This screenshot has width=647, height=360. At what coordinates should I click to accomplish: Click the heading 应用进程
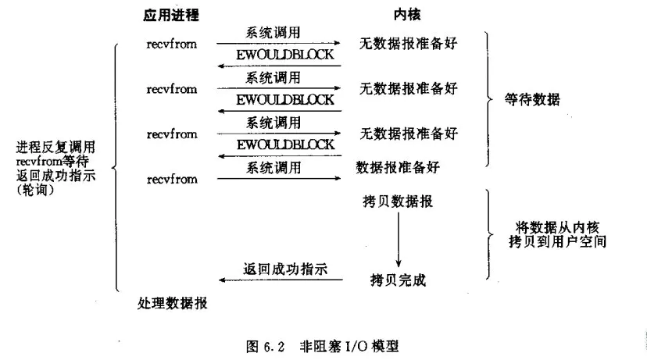[x=171, y=15]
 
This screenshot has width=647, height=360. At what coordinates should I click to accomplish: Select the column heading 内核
[x=407, y=15]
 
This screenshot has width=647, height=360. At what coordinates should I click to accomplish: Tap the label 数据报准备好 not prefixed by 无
[x=398, y=167]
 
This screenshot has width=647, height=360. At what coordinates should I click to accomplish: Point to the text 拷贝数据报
[x=398, y=201]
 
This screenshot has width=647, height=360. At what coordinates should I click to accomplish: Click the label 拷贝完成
[x=398, y=280]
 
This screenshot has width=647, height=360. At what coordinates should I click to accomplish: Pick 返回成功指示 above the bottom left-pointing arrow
[x=285, y=269]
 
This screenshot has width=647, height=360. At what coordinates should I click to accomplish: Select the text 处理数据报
[x=173, y=303]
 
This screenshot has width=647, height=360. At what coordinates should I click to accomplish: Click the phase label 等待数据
[x=532, y=99]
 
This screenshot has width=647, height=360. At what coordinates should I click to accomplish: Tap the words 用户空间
[x=578, y=241]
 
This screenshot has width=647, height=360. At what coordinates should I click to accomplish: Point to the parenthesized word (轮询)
[x=35, y=190]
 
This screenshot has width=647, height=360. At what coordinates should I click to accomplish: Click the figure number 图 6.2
[x=266, y=347]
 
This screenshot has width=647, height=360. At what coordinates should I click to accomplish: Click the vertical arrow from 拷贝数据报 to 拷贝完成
[x=399, y=240]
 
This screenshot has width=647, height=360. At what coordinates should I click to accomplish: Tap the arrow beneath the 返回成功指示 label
[x=281, y=280]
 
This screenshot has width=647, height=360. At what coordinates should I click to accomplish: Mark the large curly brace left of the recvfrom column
[x=116, y=167]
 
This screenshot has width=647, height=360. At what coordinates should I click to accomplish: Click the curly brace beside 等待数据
[x=489, y=99]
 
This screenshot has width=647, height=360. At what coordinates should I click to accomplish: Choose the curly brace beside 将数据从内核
[x=489, y=234]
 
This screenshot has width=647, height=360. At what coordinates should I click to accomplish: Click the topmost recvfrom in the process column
[x=172, y=45]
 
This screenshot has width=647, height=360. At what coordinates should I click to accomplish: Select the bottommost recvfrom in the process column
[x=172, y=180]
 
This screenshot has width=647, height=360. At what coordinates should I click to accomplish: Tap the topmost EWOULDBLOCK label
[x=284, y=55]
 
